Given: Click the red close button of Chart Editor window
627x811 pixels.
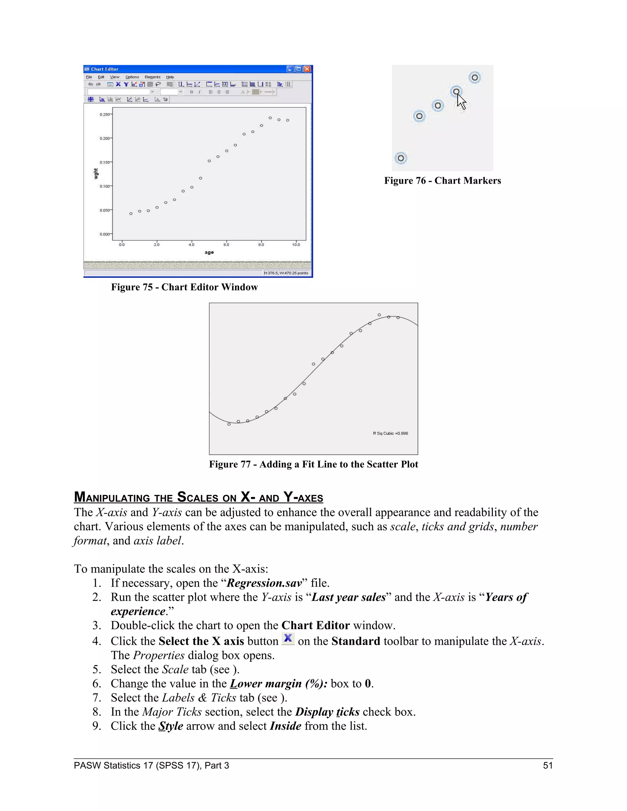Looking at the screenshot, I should point(307,69).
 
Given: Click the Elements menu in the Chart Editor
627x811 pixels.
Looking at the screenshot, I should point(152,77).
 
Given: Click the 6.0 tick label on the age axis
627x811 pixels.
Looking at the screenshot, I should point(226,245).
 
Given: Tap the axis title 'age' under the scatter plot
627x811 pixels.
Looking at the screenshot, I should point(209,252).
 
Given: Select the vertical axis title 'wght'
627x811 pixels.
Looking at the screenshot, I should point(96,174).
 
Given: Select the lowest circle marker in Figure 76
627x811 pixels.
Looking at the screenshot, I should point(401,159).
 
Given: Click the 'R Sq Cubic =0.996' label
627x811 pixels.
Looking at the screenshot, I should point(390,433).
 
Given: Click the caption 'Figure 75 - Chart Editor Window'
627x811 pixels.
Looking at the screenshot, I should point(184,287).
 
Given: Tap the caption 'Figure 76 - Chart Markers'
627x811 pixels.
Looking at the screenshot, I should point(442,181).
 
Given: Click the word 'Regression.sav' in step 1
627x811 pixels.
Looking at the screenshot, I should point(264,583).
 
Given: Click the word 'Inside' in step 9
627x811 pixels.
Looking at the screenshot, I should point(285,726).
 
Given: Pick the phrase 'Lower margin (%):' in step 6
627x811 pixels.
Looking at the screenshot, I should point(279,684).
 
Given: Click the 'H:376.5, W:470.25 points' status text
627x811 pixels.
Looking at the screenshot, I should point(286,273).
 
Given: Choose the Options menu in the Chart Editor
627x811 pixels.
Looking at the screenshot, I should point(132,77).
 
